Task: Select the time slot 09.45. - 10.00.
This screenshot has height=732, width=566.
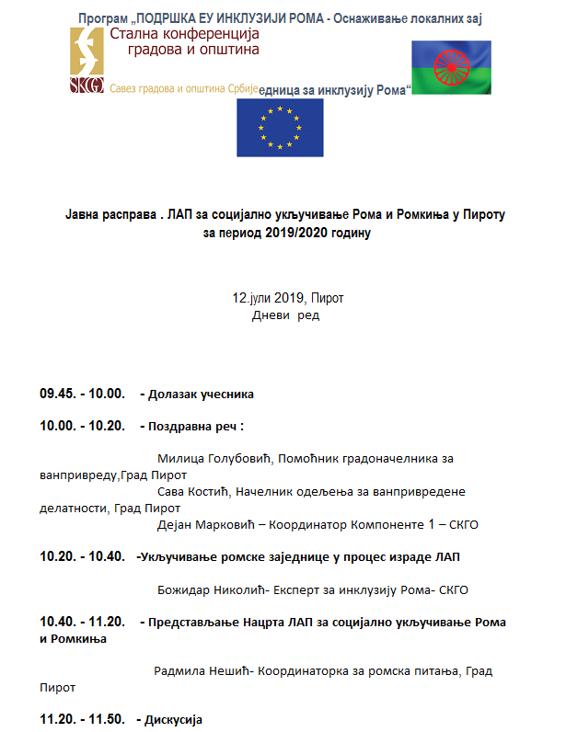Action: pyautogui.click(x=81, y=394)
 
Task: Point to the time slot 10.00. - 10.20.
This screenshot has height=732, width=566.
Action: pyautogui.click(x=81, y=426)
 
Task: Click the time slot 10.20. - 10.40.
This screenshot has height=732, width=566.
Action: pyautogui.click(x=81, y=556)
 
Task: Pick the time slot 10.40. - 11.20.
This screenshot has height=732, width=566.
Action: pyautogui.click(x=81, y=622)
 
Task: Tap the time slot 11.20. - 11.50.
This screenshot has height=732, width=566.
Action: pyautogui.click(x=81, y=718)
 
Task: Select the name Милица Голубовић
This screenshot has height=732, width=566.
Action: pyautogui.click(x=202, y=458)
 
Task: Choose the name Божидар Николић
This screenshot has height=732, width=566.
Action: pyautogui.click(x=202, y=589)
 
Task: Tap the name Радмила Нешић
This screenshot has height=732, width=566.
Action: pyautogui.click(x=201, y=670)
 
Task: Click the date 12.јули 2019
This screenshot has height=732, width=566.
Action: pyautogui.click(x=268, y=299)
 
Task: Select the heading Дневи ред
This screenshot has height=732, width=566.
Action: pyautogui.click(x=284, y=315)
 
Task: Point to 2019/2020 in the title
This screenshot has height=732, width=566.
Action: pyautogui.click(x=285, y=233)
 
